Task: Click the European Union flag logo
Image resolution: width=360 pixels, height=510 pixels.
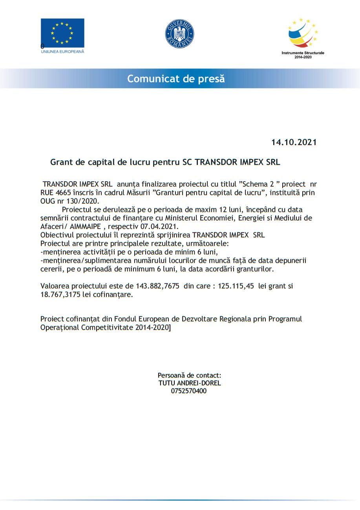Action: [x=62, y=33]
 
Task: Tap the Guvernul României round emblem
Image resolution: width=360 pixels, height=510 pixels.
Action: [x=180, y=34]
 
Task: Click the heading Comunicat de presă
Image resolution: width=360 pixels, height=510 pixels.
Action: [x=176, y=78]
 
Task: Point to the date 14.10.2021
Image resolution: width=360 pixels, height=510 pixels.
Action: [x=294, y=142]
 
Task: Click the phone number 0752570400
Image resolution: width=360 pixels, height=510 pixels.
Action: [x=189, y=391]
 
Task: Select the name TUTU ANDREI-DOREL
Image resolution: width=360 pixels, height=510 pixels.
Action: [x=190, y=383]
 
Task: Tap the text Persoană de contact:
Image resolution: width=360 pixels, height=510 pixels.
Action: [x=189, y=375]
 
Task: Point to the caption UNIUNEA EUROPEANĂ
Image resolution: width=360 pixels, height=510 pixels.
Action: [x=62, y=52]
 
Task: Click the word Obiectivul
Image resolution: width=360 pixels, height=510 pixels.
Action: [x=56, y=235]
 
